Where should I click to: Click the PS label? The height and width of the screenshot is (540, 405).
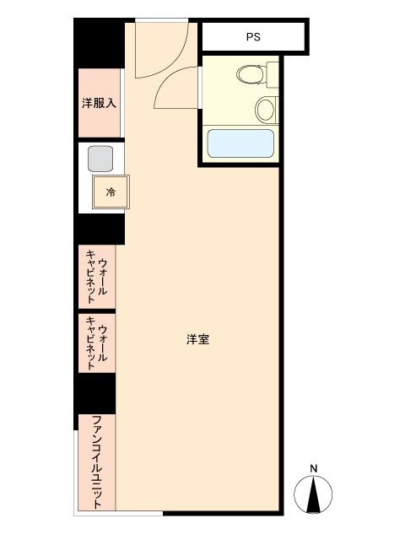tap(253, 37)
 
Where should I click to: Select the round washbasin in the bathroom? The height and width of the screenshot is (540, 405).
tap(266, 109)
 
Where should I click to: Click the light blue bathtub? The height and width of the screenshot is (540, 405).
tap(240, 143)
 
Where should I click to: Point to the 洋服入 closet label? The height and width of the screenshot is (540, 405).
tap(99, 103)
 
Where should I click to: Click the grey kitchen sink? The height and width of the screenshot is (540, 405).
tap(100, 159)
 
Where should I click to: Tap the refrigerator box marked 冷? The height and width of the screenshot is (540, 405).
tap(111, 192)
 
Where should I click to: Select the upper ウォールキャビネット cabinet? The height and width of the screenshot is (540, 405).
tap(97, 277)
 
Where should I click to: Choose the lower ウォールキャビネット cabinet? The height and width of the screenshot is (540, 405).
tap(97, 343)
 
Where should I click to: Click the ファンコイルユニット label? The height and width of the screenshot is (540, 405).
tap(98, 462)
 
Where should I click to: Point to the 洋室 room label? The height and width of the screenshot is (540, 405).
tap(198, 339)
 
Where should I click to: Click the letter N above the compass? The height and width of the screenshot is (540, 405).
tap(313, 468)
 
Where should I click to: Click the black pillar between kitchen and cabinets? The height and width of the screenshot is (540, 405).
tap(100, 229)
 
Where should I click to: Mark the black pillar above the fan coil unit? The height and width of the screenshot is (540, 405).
tap(95, 394)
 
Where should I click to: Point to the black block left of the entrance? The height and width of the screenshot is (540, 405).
tap(100, 43)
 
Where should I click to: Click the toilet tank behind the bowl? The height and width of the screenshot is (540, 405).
tap(273, 75)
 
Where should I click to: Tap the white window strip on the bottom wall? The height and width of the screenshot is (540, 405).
tap(118, 513)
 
